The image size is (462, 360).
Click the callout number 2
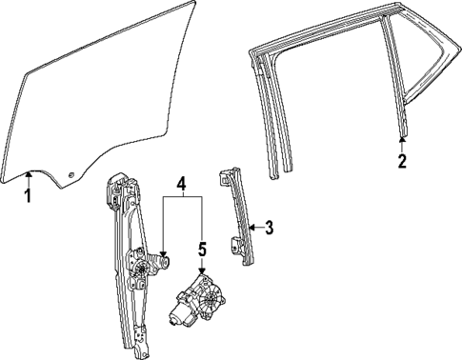[x=402, y=160]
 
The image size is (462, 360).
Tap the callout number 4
[x=181, y=181]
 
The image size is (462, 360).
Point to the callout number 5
[x=202, y=250]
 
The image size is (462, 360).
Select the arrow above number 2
[x=402, y=141]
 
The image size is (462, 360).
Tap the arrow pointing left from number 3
[x=253, y=227]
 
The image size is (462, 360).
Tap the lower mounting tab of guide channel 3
[x=234, y=243]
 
